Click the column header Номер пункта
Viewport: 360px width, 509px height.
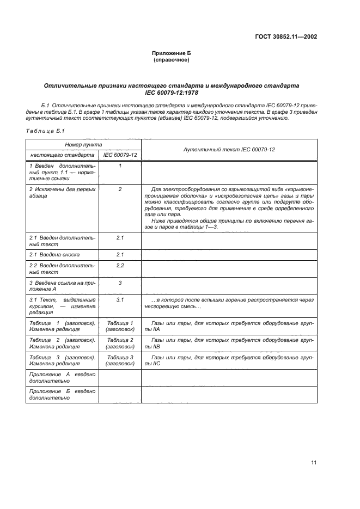(83, 145)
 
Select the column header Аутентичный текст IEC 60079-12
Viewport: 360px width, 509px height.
(229, 149)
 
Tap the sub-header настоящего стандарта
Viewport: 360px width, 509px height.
(62, 155)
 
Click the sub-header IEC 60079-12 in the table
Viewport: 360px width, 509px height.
(120, 155)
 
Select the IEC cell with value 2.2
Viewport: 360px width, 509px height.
(120, 265)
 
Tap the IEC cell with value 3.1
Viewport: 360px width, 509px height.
(120, 299)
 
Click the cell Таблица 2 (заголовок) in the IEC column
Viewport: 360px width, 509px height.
(120, 343)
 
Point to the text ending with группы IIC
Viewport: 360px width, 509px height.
(229, 360)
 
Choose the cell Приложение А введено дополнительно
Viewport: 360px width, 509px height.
(62, 377)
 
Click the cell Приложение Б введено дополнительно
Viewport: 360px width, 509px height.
(62, 394)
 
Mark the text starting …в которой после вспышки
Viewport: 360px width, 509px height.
(229, 303)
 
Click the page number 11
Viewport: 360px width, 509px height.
(313, 463)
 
